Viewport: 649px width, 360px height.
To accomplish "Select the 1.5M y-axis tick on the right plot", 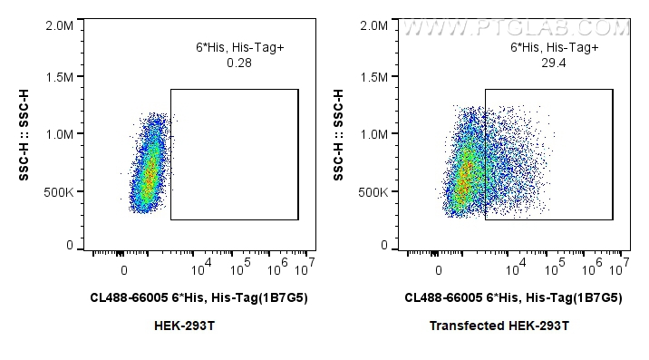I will (x=373, y=78).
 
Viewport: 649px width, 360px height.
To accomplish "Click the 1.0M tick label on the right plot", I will (x=373, y=133).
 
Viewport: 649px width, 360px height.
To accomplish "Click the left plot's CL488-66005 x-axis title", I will (x=199, y=297).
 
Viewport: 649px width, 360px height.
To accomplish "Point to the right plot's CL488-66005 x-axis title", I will (x=513, y=297).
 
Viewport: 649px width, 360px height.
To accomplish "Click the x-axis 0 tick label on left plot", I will (x=124, y=269).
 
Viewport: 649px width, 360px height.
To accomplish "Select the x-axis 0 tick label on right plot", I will (x=439, y=269).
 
